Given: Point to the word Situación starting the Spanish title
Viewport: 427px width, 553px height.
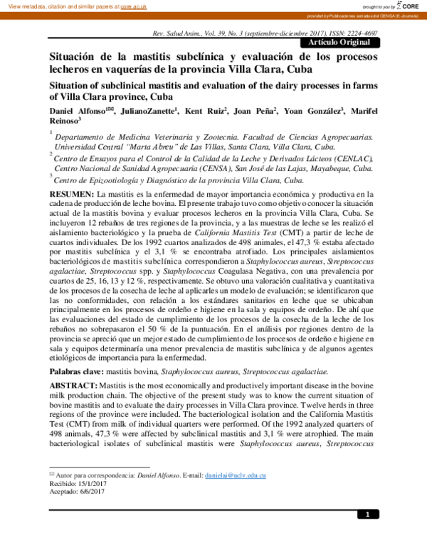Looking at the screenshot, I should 75,56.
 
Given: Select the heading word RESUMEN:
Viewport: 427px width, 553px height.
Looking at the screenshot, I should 71,194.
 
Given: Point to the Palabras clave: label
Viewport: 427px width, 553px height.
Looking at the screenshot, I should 80,372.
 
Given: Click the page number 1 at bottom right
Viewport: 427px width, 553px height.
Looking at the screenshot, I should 367,515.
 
